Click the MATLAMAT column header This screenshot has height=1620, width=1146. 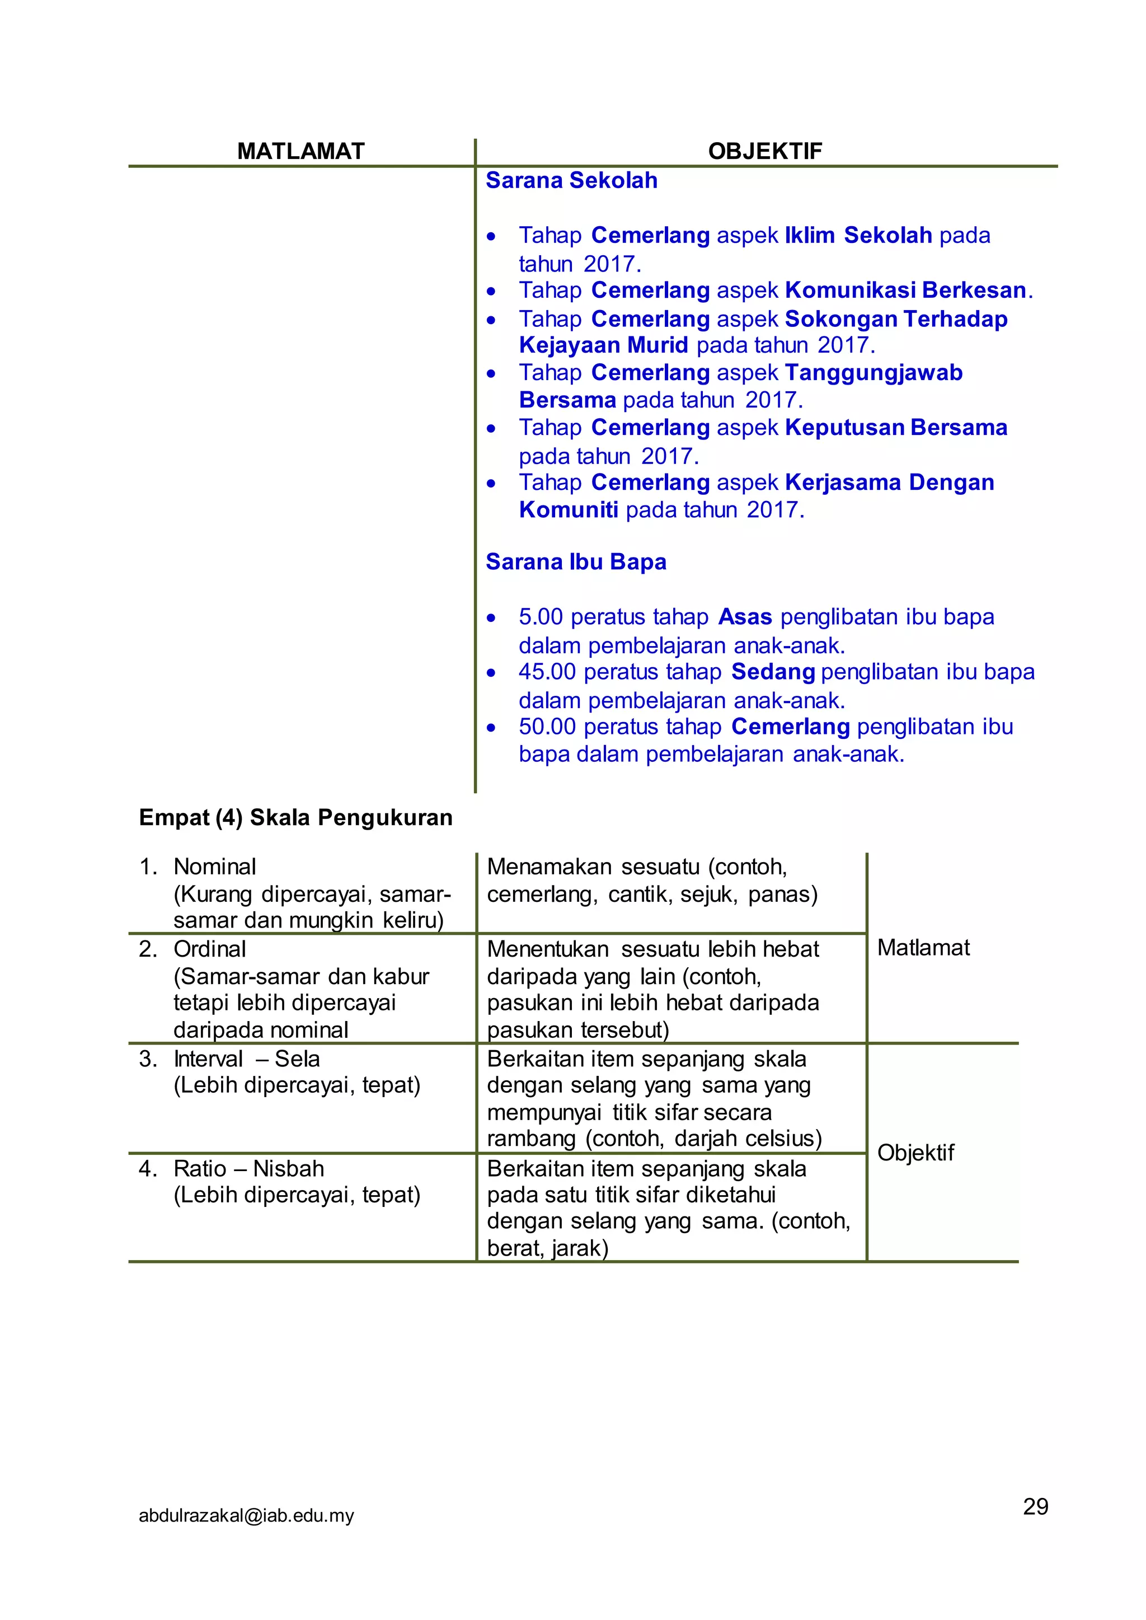click(300, 151)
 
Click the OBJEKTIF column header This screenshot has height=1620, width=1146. click(765, 151)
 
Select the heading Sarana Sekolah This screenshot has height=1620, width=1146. click(571, 181)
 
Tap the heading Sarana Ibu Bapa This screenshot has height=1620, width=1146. click(576, 562)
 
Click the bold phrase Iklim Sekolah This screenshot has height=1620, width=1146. click(858, 235)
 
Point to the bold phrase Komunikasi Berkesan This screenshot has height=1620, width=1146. click(905, 290)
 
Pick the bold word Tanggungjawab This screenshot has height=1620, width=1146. click(873, 373)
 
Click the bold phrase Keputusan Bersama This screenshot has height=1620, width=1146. click(895, 428)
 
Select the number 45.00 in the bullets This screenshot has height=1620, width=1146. click(547, 672)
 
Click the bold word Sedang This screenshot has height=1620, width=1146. click(773, 672)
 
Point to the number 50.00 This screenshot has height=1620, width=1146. click(547, 727)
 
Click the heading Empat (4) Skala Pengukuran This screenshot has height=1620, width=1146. click(295, 817)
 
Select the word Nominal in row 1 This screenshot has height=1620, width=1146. click(214, 867)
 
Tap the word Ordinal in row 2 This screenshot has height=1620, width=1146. click(210, 949)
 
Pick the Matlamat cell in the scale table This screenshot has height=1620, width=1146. click(923, 948)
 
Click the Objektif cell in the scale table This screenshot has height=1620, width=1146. click(915, 1153)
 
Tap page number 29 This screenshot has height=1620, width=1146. click(1035, 1506)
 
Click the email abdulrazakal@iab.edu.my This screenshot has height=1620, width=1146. click(246, 1515)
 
